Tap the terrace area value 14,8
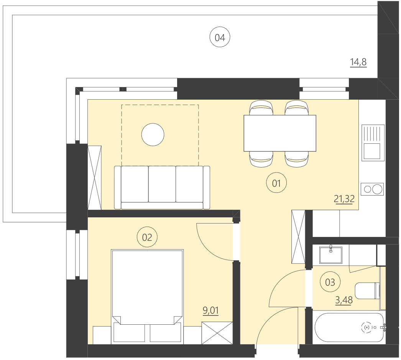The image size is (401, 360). tap(358, 62)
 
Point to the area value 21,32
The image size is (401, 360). tap(344, 199)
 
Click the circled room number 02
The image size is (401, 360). tap(147, 237)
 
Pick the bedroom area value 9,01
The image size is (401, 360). tap(210, 310)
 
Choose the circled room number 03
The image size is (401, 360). tap(330, 283)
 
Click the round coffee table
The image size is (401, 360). tap(153, 135)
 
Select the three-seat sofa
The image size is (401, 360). tap(162, 187)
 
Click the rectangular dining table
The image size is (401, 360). tap(280, 133)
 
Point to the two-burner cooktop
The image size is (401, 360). tap(373, 189)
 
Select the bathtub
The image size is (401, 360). tap(349, 327)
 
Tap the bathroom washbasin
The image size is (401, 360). tap(330, 255)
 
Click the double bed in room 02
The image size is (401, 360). tap(147, 295)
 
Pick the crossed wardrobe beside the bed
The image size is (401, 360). tap(217, 332)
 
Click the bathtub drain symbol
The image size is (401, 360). tap(367, 327)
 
